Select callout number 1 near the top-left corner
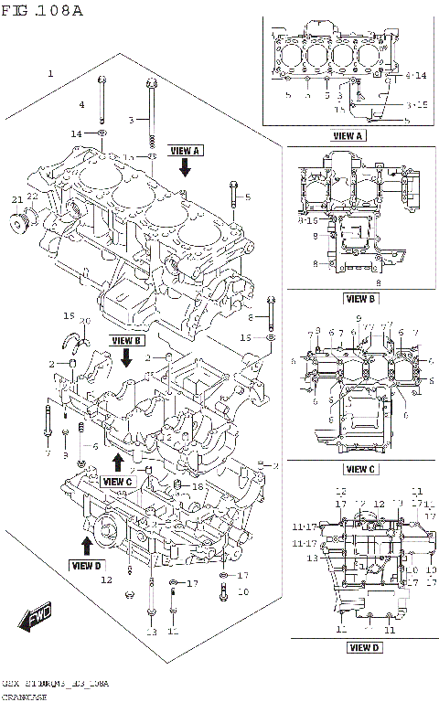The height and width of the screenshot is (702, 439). (50, 72)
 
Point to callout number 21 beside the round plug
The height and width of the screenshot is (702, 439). (16, 199)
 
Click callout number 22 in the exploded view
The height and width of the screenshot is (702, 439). (32, 196)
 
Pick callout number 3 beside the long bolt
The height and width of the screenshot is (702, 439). (131, 120)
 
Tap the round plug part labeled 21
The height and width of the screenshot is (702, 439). (20, 223)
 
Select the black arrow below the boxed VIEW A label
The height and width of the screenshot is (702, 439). (185, 166)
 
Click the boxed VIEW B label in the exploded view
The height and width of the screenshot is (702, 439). (127, 340)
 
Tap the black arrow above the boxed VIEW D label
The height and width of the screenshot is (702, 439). (86, 546)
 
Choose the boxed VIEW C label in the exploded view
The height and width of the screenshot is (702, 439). (118, 481)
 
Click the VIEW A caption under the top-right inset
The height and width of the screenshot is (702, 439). (348, 135)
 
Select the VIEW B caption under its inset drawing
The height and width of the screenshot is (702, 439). (359, 298)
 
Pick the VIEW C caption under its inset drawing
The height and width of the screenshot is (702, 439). (359, 469)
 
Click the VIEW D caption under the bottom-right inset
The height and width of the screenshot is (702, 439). (363, 648)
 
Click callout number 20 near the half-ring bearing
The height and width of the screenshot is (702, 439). (85, 320)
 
